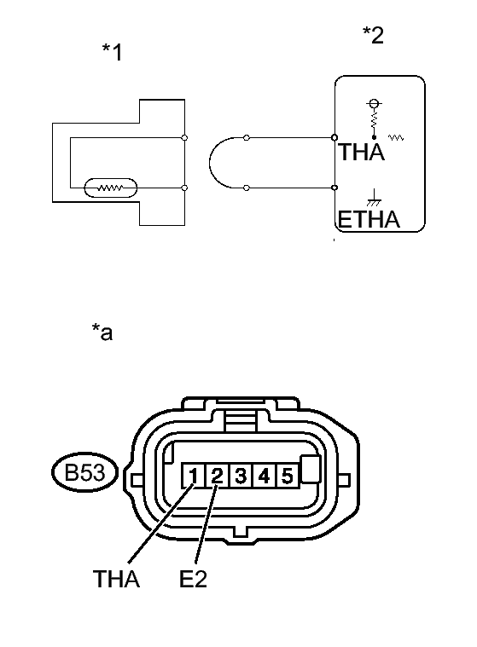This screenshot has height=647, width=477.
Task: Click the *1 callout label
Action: pos(112,53)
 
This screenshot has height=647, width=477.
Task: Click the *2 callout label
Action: pos(373,35)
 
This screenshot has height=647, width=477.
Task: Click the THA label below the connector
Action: pos(117,581)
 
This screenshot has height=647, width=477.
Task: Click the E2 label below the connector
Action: pos(193,581)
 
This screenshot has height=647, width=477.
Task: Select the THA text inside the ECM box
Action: pos(362,153)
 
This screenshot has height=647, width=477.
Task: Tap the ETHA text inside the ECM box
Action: pos(369,221)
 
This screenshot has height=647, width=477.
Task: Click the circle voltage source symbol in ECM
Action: pos(372,105)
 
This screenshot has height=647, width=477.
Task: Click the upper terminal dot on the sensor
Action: pos(185,137)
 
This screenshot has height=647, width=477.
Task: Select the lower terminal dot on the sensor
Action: pos(185,187)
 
